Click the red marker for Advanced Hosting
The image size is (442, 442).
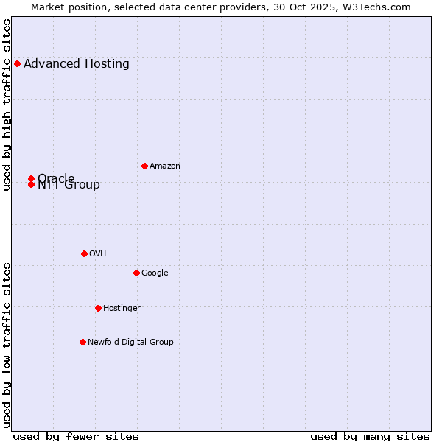(x=17, y=63)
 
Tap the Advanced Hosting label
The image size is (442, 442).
(x=77, y=63)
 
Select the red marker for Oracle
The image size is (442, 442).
(x=31, y=178)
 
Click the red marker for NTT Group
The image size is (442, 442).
(x=31, y=184)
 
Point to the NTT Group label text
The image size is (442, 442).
(x=69, y=185)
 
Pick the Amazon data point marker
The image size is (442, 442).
(x=144, y=166)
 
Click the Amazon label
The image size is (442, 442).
(x=165, y=166)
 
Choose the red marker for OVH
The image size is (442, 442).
(x=84, y=253)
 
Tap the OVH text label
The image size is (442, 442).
(x=98, y=254)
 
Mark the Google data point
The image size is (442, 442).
(x=136, y=273)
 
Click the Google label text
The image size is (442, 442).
(x=155, y=273)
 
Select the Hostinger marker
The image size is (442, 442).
(x=98, y=308)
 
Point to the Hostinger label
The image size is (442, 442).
(x=122, y=309)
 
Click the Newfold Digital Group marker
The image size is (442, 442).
(x=83, y=342)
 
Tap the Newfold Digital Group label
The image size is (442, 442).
(x=130, y=343)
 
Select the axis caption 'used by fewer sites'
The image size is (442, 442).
(x=76, y=437)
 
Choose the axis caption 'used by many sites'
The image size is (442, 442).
(x=370, y=437)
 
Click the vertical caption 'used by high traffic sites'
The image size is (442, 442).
(x=7, y=105)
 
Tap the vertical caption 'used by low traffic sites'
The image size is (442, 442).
(x=7, y=345)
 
